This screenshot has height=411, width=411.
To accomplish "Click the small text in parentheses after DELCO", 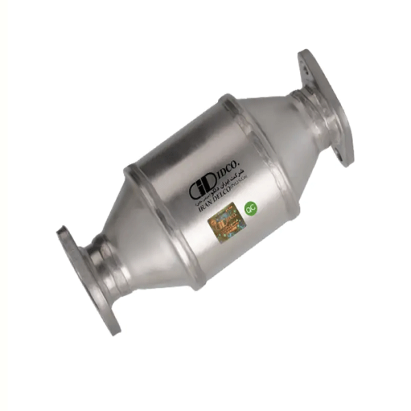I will tap(242, 184).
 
